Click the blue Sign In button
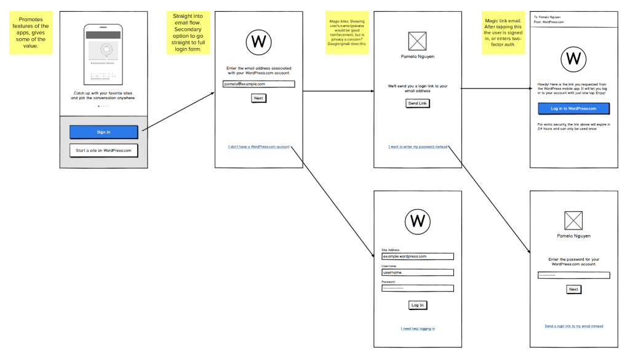103,132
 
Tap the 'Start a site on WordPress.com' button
103,150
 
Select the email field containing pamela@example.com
258,84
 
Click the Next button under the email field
258,98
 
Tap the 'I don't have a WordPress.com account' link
258,146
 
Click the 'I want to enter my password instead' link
418,146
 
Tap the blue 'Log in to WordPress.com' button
573,108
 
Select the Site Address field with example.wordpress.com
417,256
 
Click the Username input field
417,272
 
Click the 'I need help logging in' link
418,329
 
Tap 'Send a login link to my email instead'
573,326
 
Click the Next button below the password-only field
573,289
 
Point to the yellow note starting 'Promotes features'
31,33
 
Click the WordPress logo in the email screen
573,59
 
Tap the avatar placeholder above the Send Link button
418,41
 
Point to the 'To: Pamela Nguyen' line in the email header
548,17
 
